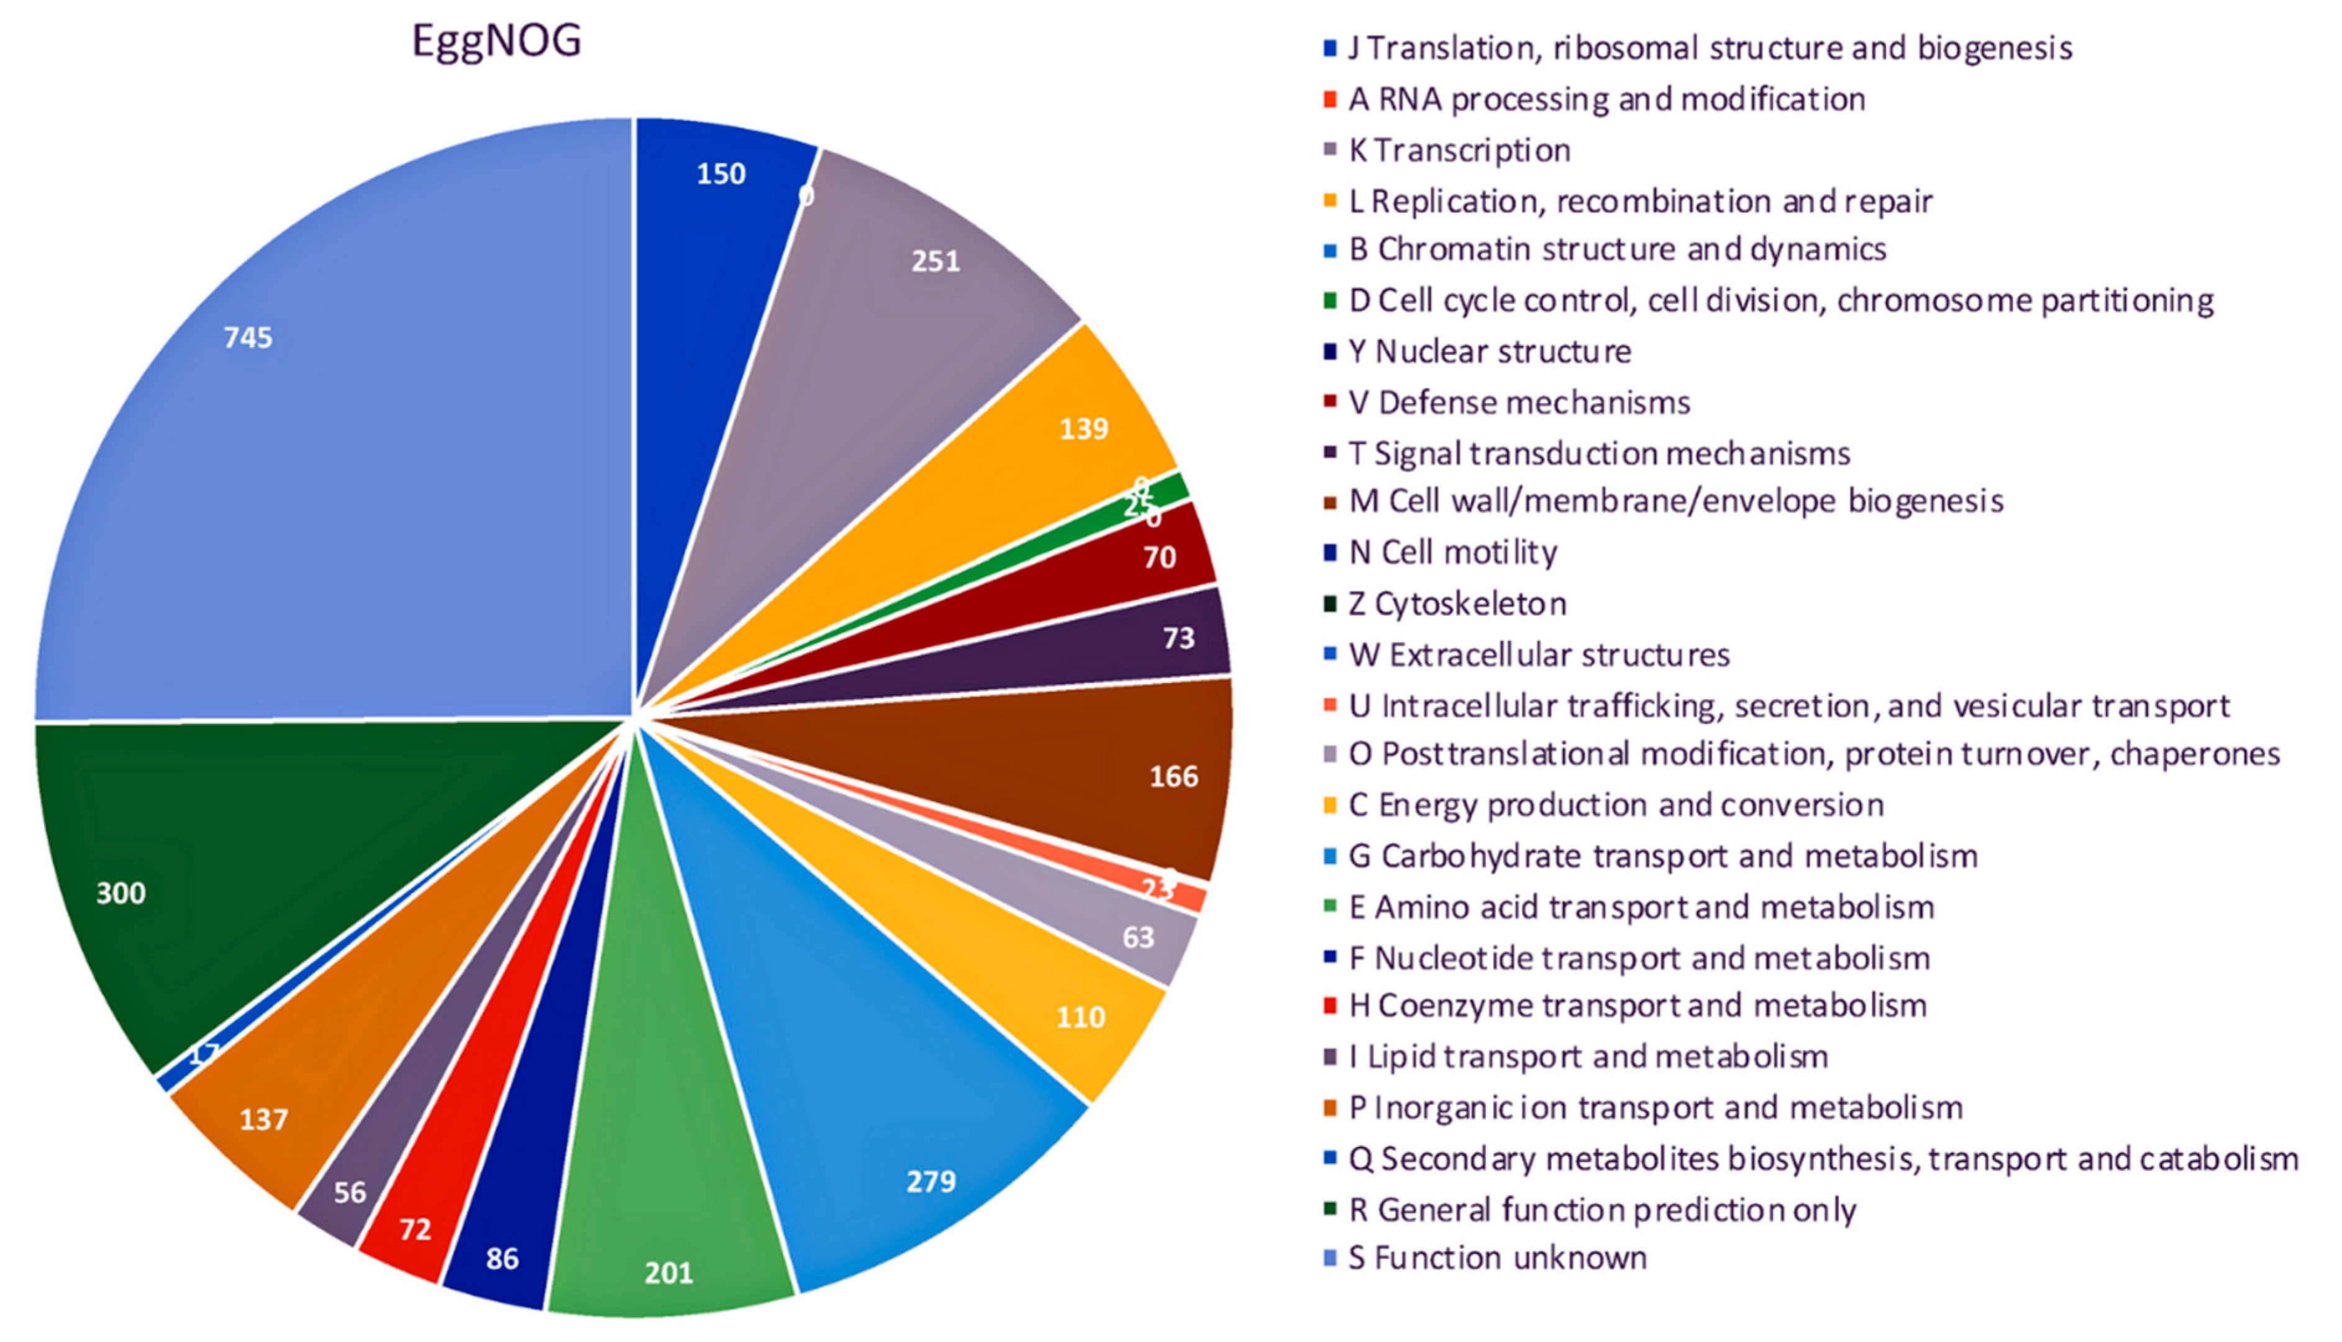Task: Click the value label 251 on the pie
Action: point(936,262)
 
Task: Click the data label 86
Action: point(503,1258)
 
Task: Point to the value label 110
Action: point(1080,1018)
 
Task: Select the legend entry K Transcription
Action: point(1459,150)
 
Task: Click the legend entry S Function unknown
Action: point(1497,1258)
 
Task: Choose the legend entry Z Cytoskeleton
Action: point(1457,604)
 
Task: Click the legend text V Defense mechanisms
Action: point(1519,403)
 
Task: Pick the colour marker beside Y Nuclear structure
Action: point(1329,350)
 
